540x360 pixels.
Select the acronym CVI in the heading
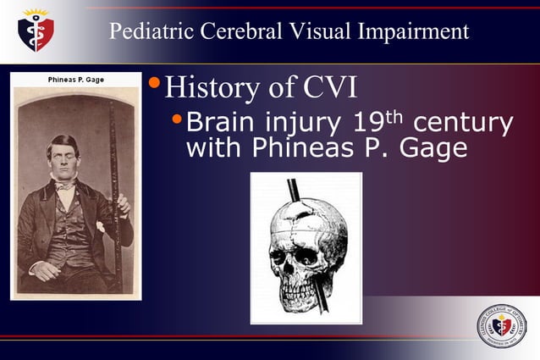(333, 87)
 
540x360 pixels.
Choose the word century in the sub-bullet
(465, 124)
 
